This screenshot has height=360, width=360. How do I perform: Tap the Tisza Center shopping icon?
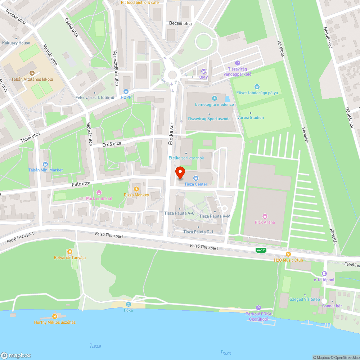click(x=196, y=178)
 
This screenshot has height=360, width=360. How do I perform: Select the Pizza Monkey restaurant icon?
click(x=136, y=189)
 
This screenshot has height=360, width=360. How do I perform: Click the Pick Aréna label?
click(x=265, y=222)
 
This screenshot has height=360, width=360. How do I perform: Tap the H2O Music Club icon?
click(x=288, y=254)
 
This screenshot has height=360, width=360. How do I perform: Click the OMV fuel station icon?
click(x=204, y=71)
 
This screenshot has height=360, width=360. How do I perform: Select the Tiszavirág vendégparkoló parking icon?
click(x=237, y=63)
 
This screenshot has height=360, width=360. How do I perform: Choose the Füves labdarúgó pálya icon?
click(x=257, y=86)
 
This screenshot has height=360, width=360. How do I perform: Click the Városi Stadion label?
click(x=251, y=117)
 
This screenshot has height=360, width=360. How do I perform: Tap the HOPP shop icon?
click(x=126, y=91)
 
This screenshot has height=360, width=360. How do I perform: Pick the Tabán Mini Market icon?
click(x=46, y=164)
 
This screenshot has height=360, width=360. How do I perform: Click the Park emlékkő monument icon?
click(x=99, y=192)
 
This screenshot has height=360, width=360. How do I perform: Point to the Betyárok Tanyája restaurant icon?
click(x=69, y=251)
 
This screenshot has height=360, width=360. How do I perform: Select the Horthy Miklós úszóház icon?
click(x=54, y=316)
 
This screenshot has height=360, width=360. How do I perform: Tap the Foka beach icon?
click(x=128, y=304)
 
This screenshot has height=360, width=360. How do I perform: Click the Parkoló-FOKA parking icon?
click(x=258, y=308)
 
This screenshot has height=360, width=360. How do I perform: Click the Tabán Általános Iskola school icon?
click(x=32, y=73)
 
